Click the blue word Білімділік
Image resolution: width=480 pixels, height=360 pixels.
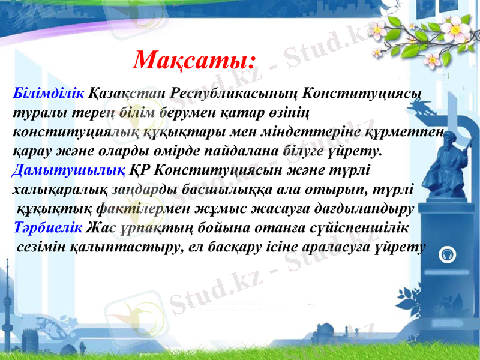pyautogui.click(x=49, y=94)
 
